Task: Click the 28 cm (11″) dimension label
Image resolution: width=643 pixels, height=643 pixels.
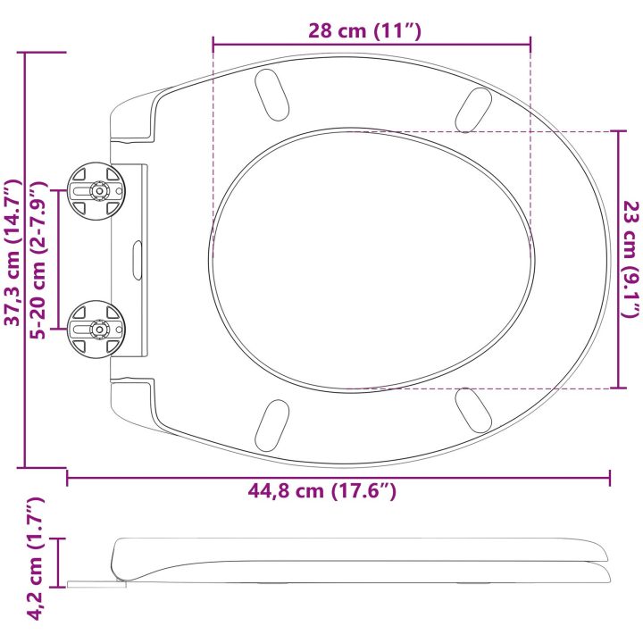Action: click(364, 31)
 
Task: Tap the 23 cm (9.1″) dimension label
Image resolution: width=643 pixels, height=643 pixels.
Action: click(630, 259)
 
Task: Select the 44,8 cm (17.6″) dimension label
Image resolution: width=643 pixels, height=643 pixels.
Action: click(321, 490)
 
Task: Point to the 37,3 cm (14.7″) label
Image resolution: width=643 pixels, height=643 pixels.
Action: click(13, 253)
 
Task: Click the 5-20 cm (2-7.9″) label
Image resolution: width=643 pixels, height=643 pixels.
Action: click(39, 260)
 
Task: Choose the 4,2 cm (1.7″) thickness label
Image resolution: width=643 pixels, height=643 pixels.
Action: click(35, 558)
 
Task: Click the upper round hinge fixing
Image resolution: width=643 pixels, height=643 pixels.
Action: click(96, 191)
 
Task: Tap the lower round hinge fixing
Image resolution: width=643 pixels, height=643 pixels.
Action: click(96, 329)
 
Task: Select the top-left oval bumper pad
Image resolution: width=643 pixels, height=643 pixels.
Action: click(271, 96)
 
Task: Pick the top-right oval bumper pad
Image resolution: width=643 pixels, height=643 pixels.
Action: click(473, 110)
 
